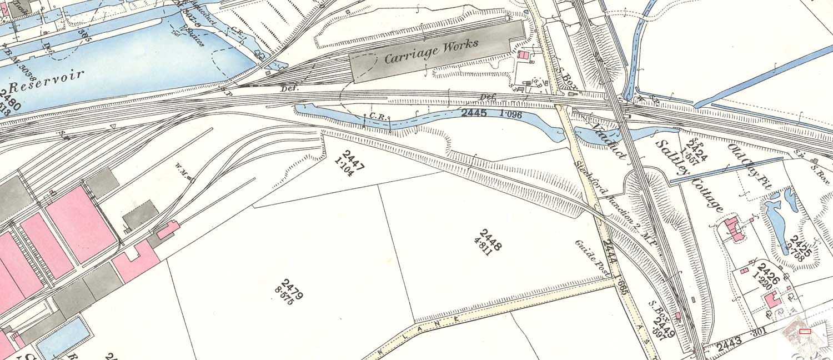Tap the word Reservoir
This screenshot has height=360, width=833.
pos(47,82)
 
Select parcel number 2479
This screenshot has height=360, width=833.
pos(292,288)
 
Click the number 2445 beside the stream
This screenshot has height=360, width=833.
pos(474,113)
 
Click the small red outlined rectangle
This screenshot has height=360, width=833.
pos(805,332)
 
